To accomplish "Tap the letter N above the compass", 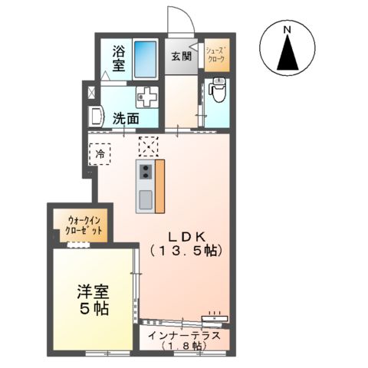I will (x=287, y=30).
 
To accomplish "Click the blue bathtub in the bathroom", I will (x=146, y=58).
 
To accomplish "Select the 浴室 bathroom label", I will (x=119, y=59).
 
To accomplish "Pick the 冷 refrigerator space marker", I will (x=100, y=153).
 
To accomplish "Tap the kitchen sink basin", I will (x=145, y=201).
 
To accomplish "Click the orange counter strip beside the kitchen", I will (x=160, y=187).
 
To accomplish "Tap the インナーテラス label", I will (x=185, y=335).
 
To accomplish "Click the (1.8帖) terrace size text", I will (x=185, y=347).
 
